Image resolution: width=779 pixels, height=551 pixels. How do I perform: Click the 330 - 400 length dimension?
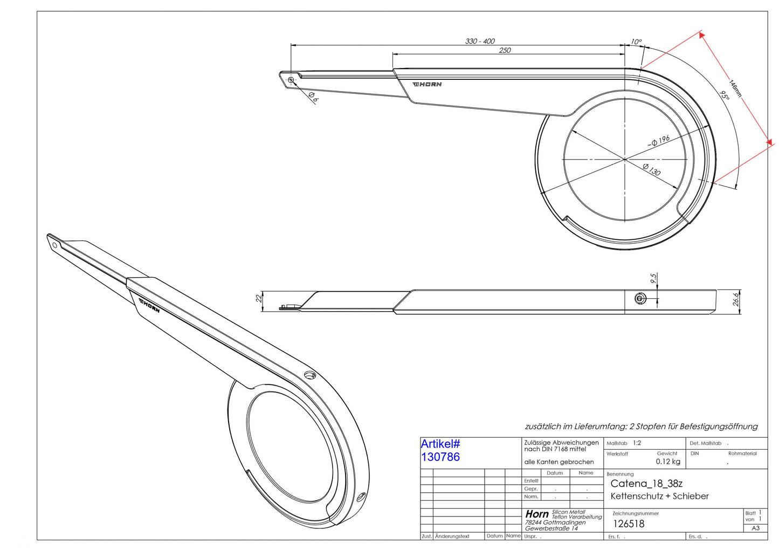pos(480,41)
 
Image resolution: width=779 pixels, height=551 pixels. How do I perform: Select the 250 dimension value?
pos(505,51)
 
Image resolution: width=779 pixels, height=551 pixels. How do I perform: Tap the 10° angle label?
pos(636,42)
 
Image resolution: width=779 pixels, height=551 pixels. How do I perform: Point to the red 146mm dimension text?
pos(735,89)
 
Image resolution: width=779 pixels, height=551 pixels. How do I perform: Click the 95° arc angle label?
pos(724,95)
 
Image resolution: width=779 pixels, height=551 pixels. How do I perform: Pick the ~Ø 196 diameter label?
pos(658,141)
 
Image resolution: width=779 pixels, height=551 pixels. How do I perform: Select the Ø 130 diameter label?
pos(651,169)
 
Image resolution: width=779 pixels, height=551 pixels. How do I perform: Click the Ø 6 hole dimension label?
pos(313,97)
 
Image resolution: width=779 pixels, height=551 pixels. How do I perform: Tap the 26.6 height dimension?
pos(736,300)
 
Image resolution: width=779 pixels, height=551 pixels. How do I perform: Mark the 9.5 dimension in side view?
pos(653,278)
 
